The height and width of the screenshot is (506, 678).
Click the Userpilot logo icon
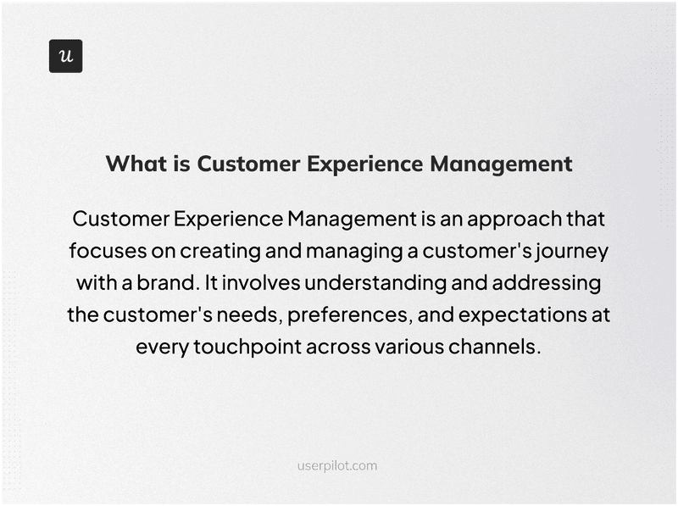point(65,56)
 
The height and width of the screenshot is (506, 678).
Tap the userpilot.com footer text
point(338,465)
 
